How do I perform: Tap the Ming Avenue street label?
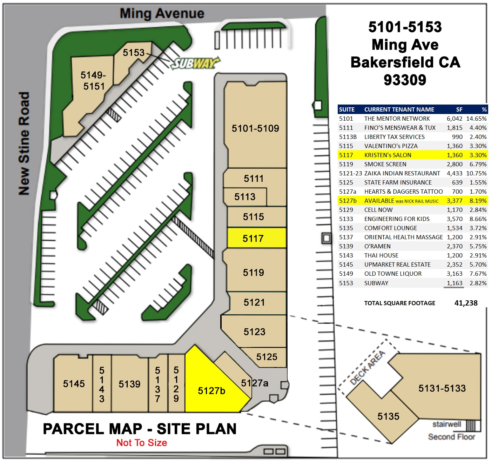(x=162, y=14)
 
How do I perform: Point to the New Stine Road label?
(x=24, y=143)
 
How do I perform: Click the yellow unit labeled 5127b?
(x=211, y=390)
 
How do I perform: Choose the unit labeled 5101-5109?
(x=255, y=128)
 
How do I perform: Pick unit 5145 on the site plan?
(x=74, y=384)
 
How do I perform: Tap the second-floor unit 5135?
(x=388, y=416)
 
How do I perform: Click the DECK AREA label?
(x=368, y=367)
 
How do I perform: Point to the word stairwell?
(x=446, y=424)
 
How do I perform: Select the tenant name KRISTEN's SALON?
(x=388, y=155)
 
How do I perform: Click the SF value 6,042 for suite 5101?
(x=454, y=119)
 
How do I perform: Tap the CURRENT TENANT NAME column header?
(x=399, y=109)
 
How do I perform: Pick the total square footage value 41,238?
(x=466, y=303)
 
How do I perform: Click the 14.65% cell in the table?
(x=476, y=119)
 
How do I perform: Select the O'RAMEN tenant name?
(x=377, y=246)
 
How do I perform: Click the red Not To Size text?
(x=142, y=443)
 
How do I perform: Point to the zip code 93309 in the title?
(x=405, y=80)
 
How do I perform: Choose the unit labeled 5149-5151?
(x=93, y=81)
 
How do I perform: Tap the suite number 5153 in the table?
(x=346, y=283)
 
